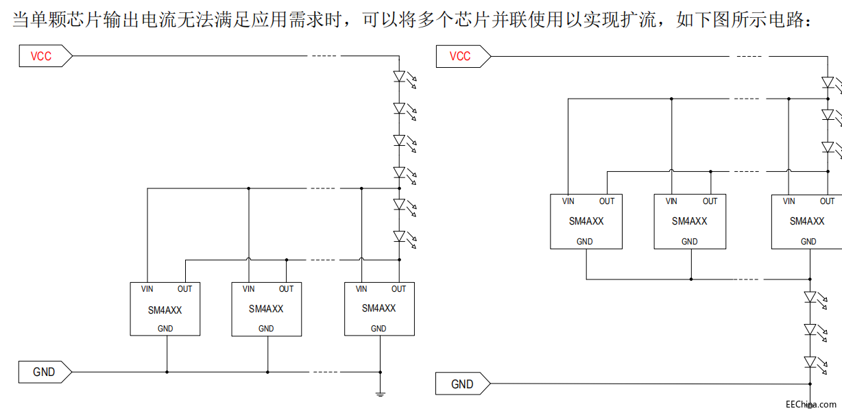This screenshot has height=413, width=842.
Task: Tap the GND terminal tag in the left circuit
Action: coord(44,372)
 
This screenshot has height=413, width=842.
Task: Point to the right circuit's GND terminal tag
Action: coord(462,384)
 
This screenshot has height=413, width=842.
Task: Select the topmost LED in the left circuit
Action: coord(400,77)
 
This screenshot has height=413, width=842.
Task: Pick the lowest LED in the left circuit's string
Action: coord(400,236)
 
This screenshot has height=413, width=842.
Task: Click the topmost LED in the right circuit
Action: coord(828,83)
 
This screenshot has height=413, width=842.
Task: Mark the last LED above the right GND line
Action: coord(810,362)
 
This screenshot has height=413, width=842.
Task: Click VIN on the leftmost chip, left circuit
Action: coord(147,289)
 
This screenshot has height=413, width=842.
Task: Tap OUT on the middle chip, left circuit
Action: coord(286,289)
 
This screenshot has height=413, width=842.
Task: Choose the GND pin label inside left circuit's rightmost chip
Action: coord(378,329)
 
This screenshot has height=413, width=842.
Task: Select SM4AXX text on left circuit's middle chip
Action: coord(266,309)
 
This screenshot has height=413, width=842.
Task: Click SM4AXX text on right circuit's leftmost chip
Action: coord(586,221)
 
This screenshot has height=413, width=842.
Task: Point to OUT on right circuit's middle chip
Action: coord(710,201)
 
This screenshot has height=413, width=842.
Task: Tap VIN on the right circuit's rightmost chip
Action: coord(789,201)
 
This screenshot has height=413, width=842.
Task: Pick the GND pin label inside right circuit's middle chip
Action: coord(690,242)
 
